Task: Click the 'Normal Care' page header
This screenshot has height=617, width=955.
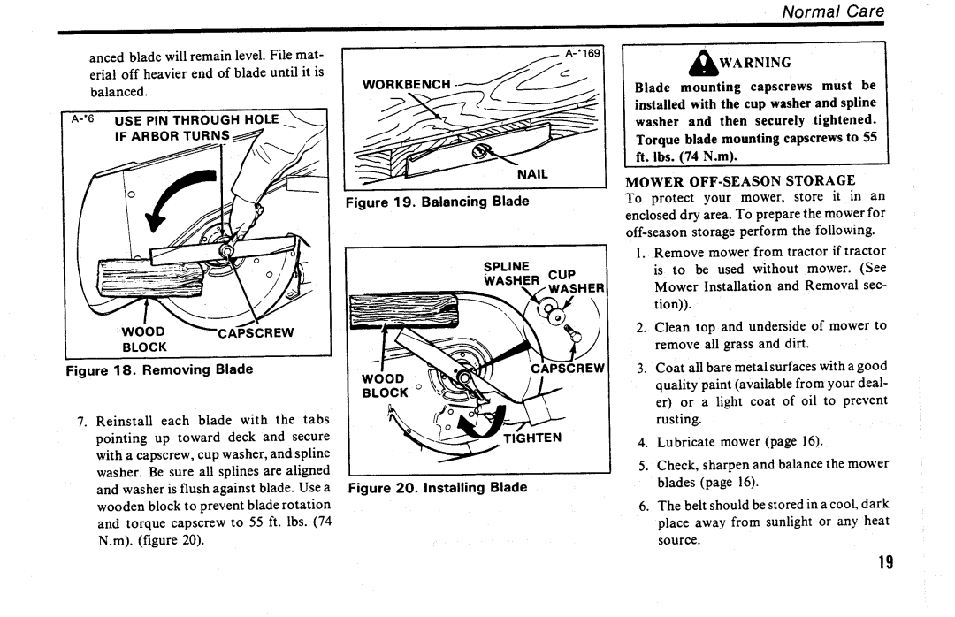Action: click(x=833, y=11)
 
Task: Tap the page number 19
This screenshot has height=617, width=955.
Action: click(x=886, y=562)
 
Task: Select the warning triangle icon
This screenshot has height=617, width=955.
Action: click(x=703, y=62)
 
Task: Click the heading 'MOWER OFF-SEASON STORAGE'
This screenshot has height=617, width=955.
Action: click(x=740, y=181)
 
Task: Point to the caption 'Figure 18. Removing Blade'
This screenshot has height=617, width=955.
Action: click(x=159, y=369)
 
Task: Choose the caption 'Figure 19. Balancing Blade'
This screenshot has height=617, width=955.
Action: click(x=438, y=202)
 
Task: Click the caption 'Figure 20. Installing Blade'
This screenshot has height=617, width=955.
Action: click(x=438, y=488)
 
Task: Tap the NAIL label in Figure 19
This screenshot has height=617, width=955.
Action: click(x=532, y=174)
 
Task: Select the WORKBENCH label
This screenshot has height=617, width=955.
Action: click(x=406, y=85)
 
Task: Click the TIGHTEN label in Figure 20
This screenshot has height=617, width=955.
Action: click(x=532, y=438)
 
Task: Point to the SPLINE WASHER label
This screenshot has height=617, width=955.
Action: click(x=512, y=274)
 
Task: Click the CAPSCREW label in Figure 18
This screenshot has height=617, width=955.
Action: click(x=256, y=333)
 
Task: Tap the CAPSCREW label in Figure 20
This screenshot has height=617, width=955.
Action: click(x=568, y=369)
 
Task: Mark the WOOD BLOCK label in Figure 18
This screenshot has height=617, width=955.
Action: click(x=144, y=339)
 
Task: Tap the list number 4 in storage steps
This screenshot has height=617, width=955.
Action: click(x=642, y=443)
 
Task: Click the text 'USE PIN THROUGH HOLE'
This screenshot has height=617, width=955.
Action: click(x=196, y=119)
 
